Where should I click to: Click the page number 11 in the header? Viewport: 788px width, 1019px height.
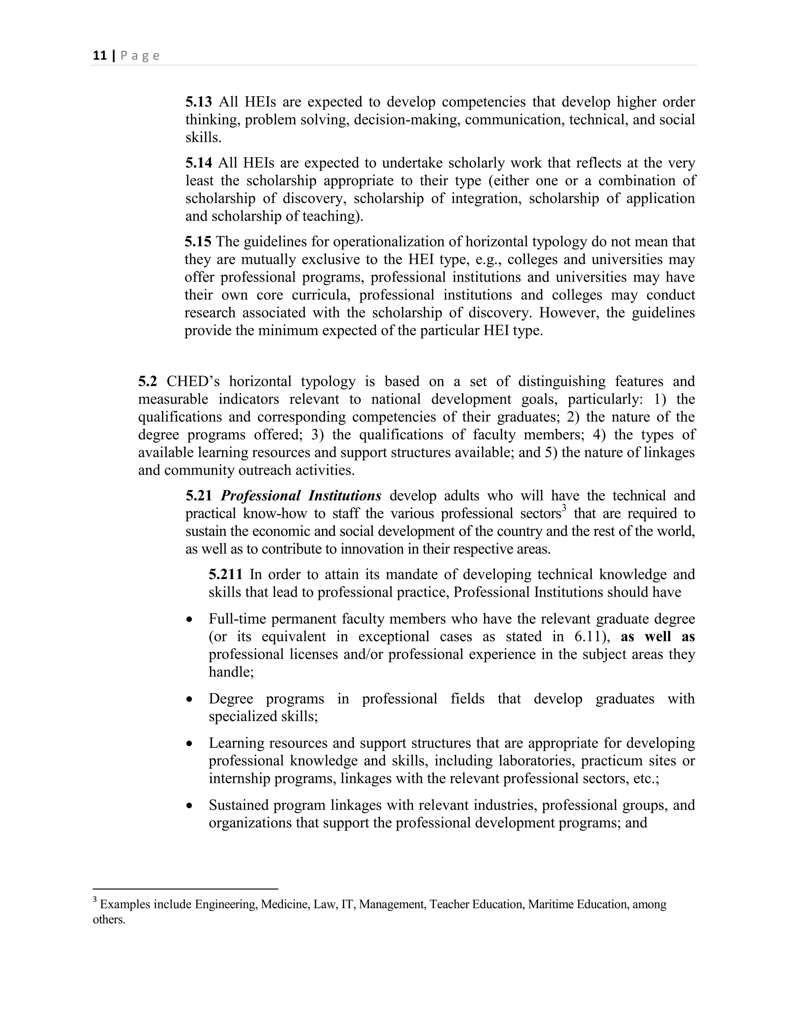(x=99, y=56)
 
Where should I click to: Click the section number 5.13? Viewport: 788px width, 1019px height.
(x=199, y=102)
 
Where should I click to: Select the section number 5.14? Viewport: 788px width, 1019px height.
(x=199, y=163)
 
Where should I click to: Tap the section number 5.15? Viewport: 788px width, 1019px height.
(x=198, y=242)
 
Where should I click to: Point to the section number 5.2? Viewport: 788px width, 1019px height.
(x=147, y=381)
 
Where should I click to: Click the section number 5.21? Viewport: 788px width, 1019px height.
(x=199, y=496)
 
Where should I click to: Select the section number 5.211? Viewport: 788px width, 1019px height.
(x=225, y=574)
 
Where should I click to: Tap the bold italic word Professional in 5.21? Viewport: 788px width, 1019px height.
(x=260, y=496)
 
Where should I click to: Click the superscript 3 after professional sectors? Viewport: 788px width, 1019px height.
(x=564, y=509)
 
